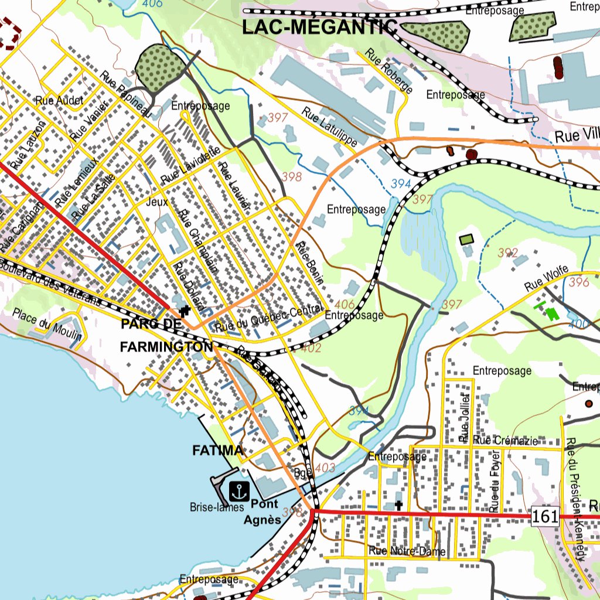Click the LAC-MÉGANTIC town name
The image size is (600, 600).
click(320, 27)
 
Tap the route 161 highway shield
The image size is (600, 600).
click(544, 516)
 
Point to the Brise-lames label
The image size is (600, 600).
click(216, 507)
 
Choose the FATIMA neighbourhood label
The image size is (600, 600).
click(218, 451)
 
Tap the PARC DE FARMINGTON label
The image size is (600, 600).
click(166, 335)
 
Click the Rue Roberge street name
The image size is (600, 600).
click(389, 71)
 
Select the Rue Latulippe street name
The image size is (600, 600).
click(330, 127)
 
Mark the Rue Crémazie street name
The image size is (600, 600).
click(504, 441)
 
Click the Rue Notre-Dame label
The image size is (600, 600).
click(407, 551)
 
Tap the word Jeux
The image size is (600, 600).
click(157, 202)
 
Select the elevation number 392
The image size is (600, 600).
click(508, 253)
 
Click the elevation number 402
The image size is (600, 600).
click(311, 348)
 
